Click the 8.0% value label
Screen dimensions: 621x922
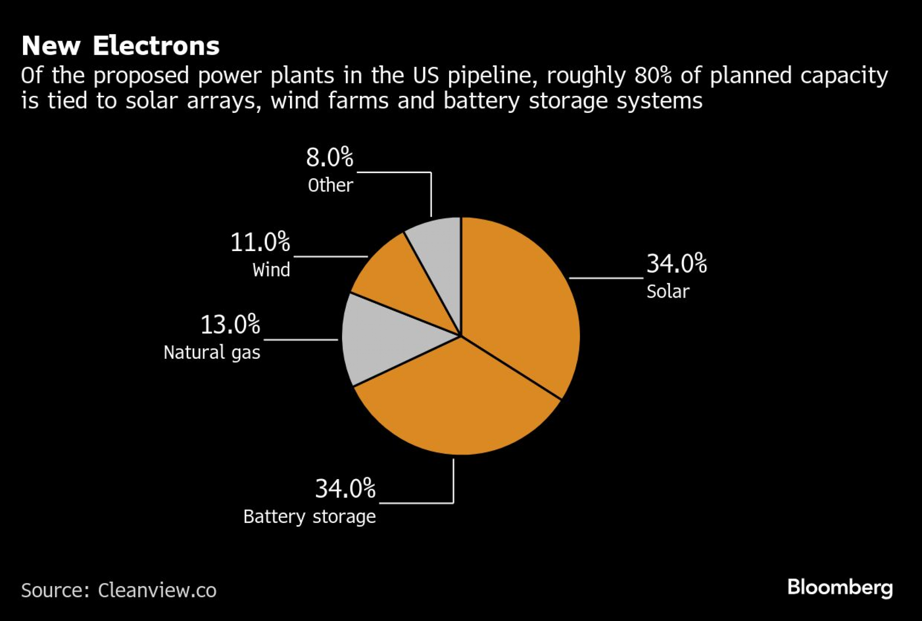click(330, 158)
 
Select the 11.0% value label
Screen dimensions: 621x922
click(260, 242)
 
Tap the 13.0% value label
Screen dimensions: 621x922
click(230, 324)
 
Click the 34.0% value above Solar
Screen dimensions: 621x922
click(676, 264)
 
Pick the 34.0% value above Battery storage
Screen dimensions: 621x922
click(345, 488)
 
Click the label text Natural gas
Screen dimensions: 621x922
click(212, 352)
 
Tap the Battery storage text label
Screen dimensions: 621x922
click(309, 516)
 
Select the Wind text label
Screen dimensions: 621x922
click(271, 270)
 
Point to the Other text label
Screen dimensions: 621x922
click(330, 185)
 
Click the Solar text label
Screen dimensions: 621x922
click(668, 292)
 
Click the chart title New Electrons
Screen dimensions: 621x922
click(121, 46)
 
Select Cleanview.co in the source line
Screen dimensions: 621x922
click(157, 591)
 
